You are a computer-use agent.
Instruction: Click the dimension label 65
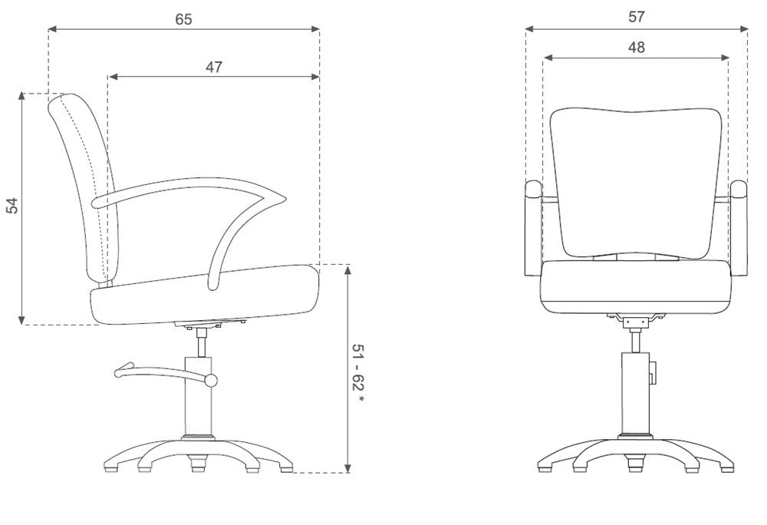pos(183,19)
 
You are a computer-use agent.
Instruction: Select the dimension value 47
pos(213,67)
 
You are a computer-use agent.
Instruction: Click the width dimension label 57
pos(636,17)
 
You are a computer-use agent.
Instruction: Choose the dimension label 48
pos(636,48)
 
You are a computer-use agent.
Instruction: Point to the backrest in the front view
pos(636,180)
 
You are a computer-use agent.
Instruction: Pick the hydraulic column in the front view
pos(635,391)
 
